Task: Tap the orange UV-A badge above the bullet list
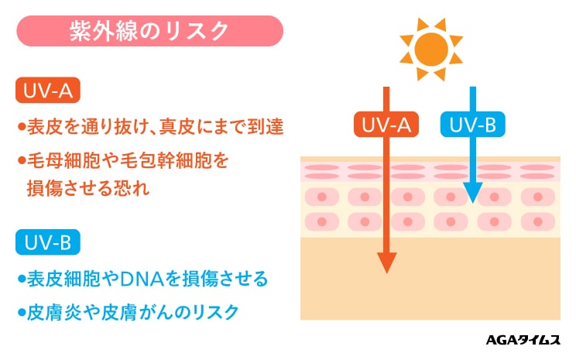click(x=48, y=91)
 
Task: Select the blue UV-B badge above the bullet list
click(x=48, y=243)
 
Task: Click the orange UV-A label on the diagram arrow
click(x=386, y=125)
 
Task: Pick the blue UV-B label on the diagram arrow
click(x=471, y=125)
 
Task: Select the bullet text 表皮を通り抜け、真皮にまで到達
click(x=155, y=127)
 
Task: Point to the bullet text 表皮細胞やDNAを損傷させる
click(x=147, y=277)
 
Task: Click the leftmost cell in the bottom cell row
click(x=321, y=222)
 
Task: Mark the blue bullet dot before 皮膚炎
click(x=21, y=314)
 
